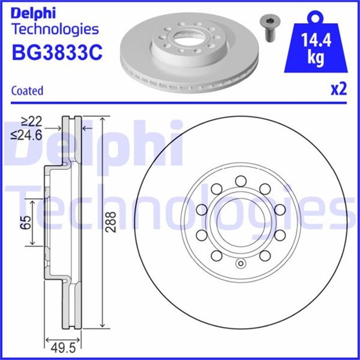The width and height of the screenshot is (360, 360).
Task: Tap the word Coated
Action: coord(27,90)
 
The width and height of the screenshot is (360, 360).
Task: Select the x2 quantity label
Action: coord(337,90)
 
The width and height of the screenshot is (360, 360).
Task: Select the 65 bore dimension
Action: coord(24,223)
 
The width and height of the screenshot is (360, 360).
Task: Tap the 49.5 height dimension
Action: coord(62,347)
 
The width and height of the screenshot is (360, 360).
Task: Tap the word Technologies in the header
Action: coord(55,29)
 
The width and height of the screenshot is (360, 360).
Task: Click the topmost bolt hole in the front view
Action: coord(241,180)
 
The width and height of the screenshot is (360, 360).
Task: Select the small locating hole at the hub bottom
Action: coord(241,265)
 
